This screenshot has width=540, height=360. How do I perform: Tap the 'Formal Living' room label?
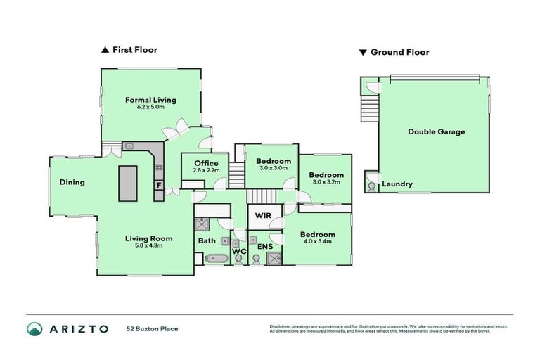[150, 100]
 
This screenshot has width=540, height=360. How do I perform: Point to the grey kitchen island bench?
[129, 184]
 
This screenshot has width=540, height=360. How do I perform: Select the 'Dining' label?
[72, 182]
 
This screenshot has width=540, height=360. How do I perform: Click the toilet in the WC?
[238, 260]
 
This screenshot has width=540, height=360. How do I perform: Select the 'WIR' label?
[264, 215]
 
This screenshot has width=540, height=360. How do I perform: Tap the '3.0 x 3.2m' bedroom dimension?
[326, 182]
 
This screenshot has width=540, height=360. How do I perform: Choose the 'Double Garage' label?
[436, 131]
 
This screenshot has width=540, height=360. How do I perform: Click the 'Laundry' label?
[397, 184]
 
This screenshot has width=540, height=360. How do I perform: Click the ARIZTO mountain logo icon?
[34, 328]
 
